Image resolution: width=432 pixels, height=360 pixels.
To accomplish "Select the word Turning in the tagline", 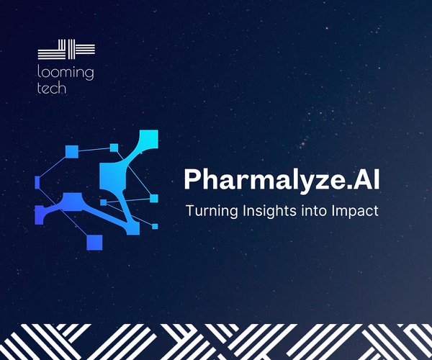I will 208,212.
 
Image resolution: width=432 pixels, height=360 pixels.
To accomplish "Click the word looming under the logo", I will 66,73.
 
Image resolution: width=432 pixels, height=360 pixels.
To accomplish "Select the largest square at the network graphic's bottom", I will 94,242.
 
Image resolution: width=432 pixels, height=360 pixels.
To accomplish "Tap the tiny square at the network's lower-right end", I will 155,226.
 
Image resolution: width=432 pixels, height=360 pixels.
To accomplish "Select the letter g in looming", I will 89,76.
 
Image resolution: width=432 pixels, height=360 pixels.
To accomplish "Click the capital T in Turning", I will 189,212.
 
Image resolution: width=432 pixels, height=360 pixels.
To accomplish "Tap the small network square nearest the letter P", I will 153,198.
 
